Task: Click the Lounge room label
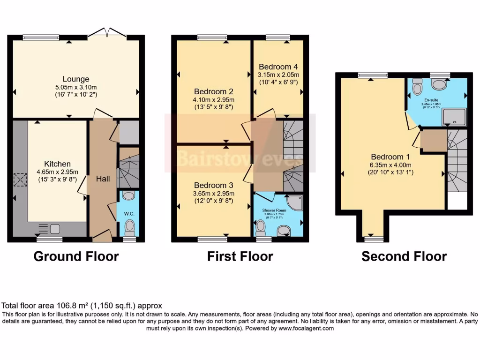[x=76, y=79]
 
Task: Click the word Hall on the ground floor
[x=103, y=179]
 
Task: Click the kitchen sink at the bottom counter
[x=54, y=229]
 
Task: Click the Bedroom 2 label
[x=214, y=91]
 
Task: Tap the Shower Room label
[x=274, y=210]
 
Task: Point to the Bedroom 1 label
[x=387, y=157]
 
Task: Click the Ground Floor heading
[x=76, y=256]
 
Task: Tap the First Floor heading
[x=240, y=256]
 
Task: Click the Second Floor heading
[x=404, y=256]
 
